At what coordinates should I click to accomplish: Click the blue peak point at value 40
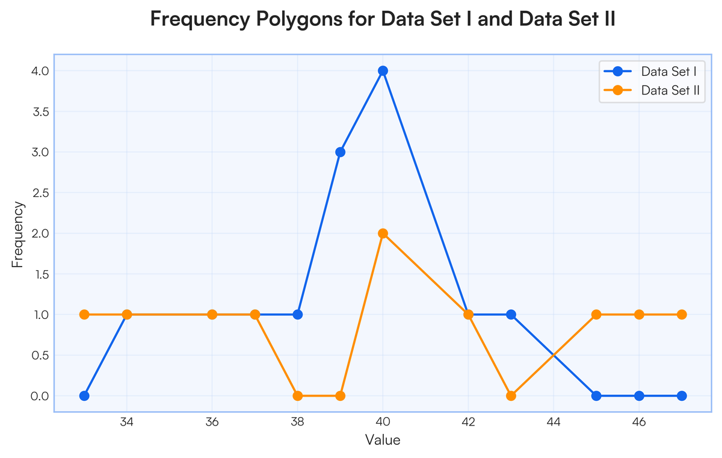[383, 70]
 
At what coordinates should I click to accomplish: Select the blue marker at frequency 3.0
[340, 152]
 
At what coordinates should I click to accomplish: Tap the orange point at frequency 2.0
[383, 233]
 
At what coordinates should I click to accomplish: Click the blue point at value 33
[84, 395]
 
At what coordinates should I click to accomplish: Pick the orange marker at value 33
[84, 314]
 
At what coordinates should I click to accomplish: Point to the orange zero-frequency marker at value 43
[511, 395]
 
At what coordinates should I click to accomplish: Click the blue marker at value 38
[297, 314]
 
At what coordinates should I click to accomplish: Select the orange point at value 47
[681, 314]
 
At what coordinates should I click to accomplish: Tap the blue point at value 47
[681, 395]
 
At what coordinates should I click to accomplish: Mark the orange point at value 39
[340, 395]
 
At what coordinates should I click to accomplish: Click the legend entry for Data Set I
[650, 71]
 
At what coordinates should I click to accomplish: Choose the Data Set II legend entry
[652, 90]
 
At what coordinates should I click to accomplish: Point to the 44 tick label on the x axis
[554, 422]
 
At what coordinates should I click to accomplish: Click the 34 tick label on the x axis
[127, 422]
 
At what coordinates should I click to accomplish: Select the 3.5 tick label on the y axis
[41, 111]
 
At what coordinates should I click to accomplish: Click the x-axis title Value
[383, 440]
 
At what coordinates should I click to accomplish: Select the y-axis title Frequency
[17, 234]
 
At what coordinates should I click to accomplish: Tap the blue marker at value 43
[511, 314]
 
